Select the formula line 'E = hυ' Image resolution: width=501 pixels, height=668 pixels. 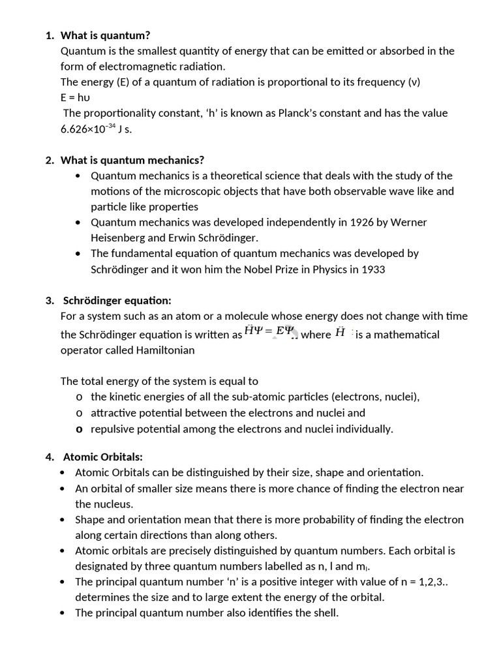(x=75, y=98)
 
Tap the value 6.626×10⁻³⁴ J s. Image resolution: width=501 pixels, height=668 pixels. (x=96, y=129)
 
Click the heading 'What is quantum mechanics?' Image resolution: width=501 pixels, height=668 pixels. (x=132, y=160)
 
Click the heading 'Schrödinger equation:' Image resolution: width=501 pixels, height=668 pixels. (x=117, y=301)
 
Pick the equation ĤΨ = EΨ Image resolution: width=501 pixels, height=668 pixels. (x=269, y=331)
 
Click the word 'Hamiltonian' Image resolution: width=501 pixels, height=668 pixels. (x=164, y=350)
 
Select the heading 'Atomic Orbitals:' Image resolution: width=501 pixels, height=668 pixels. (x=102, y=457)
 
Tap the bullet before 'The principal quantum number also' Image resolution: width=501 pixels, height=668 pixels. (x=62, y=613)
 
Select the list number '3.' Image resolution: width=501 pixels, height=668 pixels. (x=50, y=301)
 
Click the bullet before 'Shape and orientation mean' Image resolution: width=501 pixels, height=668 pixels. (x=62, y=520)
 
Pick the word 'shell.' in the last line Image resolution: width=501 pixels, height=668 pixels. (x=324, y=613)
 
